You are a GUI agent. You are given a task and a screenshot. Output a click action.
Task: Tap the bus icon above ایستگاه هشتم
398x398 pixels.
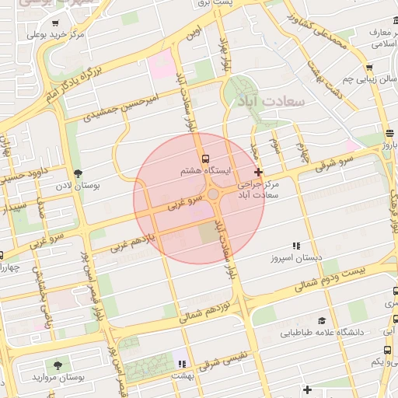click(205, 159)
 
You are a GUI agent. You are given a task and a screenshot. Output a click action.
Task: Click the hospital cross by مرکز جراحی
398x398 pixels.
click(258, 171)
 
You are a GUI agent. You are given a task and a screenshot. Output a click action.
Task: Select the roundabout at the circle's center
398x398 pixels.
click(213, 194)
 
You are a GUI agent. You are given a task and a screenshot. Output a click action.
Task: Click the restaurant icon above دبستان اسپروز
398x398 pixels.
click(295, 246)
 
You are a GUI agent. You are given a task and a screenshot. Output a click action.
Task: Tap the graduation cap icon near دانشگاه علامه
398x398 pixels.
click(321, 320)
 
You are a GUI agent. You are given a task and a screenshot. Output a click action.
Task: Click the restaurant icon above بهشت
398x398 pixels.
click(182, 363)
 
